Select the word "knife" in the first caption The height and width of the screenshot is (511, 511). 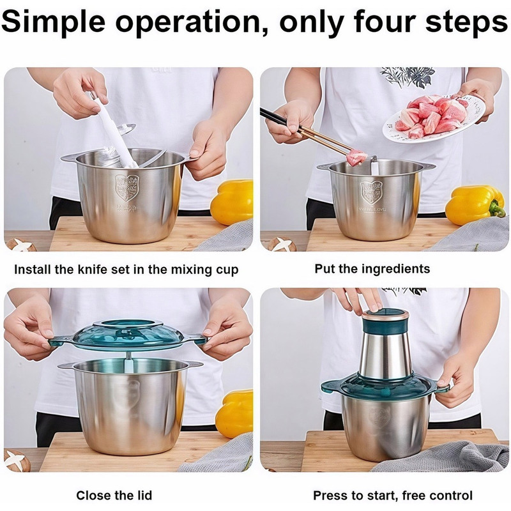(93, 270)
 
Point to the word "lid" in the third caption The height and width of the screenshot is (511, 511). (144, 496)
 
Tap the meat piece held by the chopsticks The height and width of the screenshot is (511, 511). (356, 157)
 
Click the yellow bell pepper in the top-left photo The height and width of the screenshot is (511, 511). (232, 202)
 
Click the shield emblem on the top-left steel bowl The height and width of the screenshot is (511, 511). (127, 187)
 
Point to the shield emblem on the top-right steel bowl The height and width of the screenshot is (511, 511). (372, 193)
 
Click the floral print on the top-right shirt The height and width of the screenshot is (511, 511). (408, 77)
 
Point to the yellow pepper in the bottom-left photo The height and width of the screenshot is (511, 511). (234, 413)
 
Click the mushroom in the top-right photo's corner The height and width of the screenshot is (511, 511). (282, 245)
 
